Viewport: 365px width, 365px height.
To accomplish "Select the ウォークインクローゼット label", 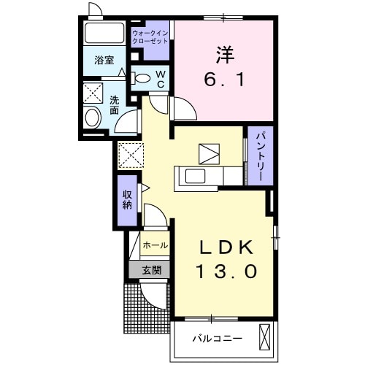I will click(x=150, y=37).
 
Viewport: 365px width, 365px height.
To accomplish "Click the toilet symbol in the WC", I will click(x=142, y=78).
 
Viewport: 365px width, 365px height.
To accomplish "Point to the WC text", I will click(x=159, y=79).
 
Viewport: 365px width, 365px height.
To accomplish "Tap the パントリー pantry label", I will click(x=259, y=155).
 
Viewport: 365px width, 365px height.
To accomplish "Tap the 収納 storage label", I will click(x=127, y=199).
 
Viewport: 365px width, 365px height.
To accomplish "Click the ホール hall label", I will click(x=154, y=245).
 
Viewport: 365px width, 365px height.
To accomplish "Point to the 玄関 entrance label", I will click(x=151, y=269).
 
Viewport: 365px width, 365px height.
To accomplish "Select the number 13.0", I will click(x=226, y=272).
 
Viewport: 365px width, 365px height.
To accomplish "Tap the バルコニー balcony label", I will click(x=217, y=338).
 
